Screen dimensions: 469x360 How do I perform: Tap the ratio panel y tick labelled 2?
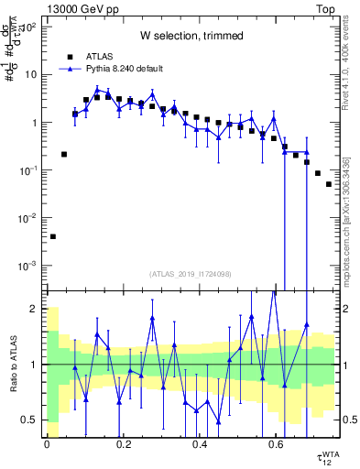coord(35,309)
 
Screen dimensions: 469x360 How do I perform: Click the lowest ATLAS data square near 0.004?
coord(53,236)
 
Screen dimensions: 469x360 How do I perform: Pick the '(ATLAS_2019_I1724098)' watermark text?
coord(191,273)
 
